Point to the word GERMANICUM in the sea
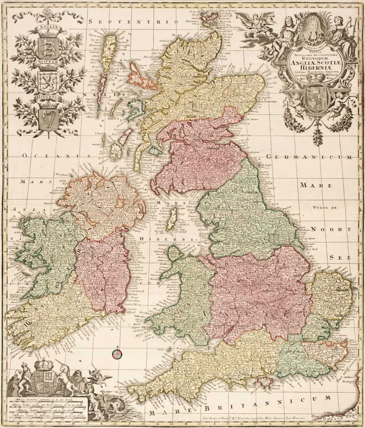(x=309, y=157)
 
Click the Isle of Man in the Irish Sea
(x=171, y=218)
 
